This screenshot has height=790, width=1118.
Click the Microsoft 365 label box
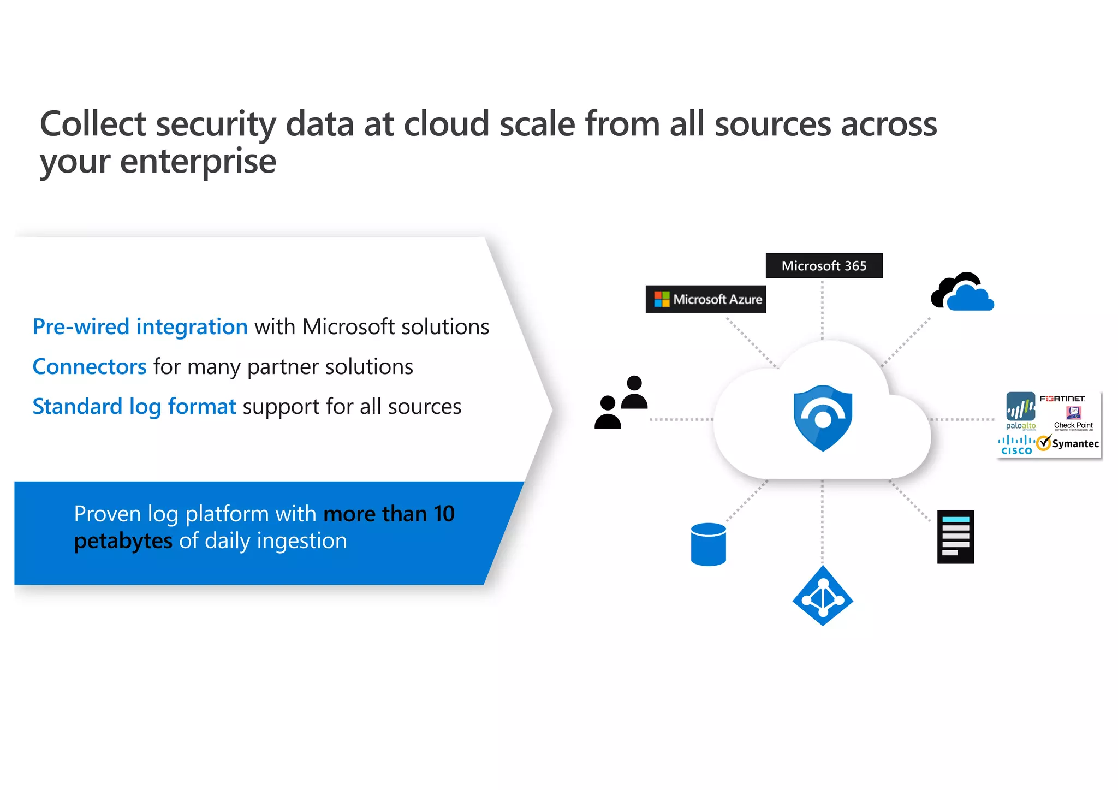[824, 266]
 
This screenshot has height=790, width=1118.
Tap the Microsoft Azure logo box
[705, 299]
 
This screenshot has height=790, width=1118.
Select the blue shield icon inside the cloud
[823, 418]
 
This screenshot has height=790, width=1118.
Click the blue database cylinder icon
[708, 544]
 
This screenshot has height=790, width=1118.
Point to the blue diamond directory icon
[823, 596]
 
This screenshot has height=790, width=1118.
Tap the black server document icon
[955, 537]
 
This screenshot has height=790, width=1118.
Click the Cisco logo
[1016, 445]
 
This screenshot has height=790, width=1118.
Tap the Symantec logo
[1068, 443]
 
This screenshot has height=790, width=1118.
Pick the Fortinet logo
[1062, 399]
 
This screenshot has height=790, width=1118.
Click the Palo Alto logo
[1020, 411]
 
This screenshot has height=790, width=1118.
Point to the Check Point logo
[1073, 419]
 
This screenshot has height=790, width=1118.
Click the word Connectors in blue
[90, 367]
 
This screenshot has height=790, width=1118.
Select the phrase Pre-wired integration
[140, 327]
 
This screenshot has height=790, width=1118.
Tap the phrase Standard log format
[134, 407]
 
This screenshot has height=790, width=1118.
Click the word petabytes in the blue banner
[123, 541]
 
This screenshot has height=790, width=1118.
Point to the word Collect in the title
[93, 124]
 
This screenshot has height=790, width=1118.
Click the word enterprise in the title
[198, 162]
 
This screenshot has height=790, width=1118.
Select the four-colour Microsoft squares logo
[662, 299]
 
